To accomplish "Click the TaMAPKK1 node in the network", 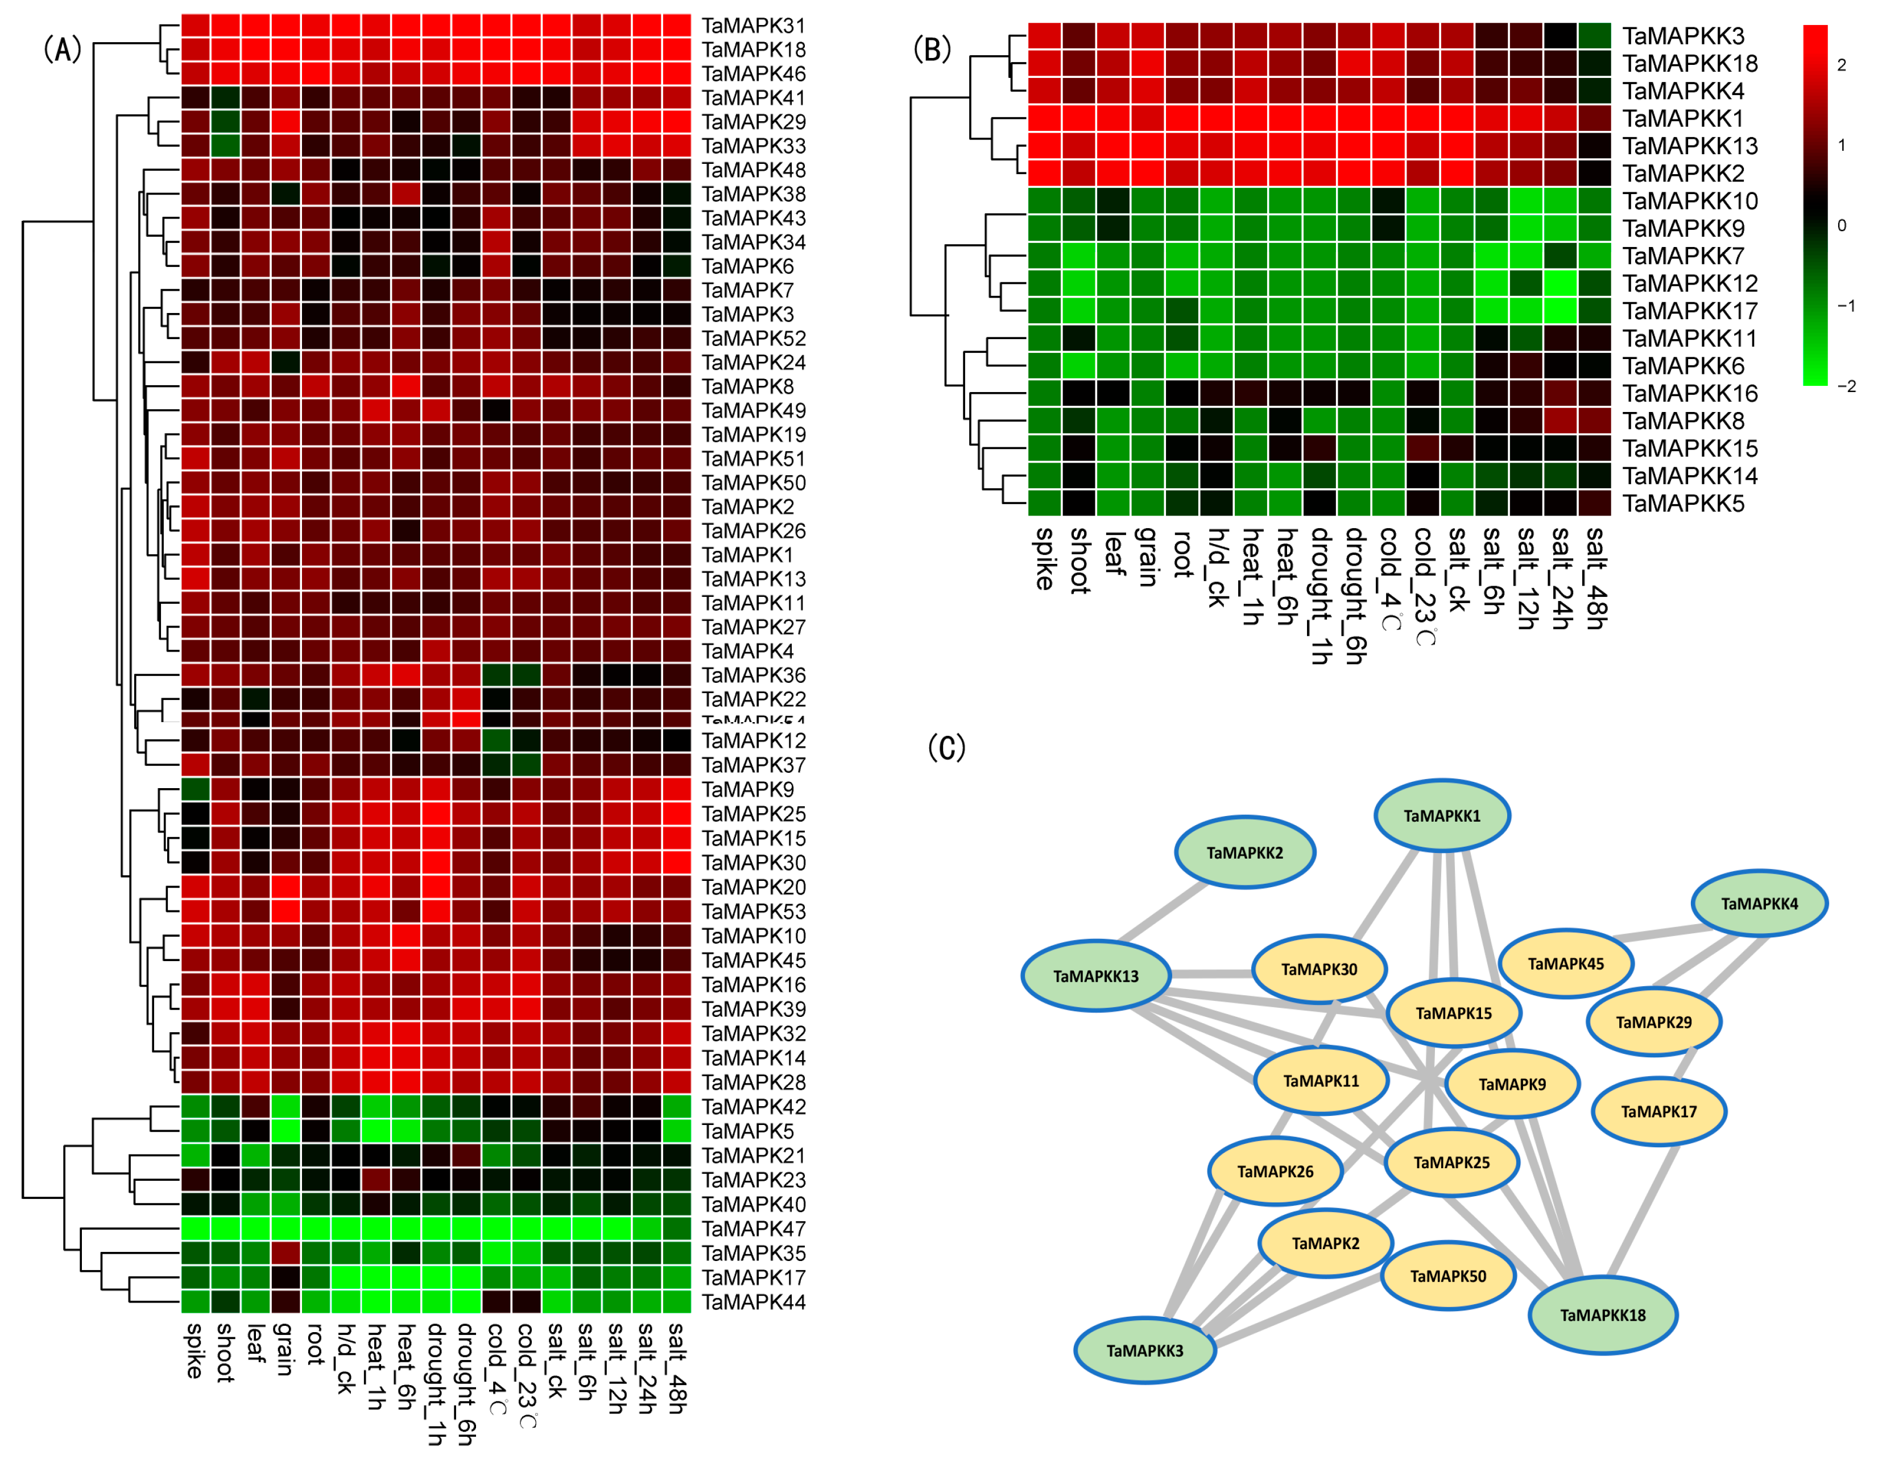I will click(1442, 815).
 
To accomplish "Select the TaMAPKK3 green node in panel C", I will click(1144, 1350).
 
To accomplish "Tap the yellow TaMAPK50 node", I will click(1447, 1276).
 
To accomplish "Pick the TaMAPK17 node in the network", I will click(1658, 1111).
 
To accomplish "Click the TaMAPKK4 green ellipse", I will click(1759, 903).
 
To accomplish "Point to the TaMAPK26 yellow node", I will click(1275, 1171).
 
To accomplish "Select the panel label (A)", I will click(62, 49).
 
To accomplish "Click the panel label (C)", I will click(946, 747).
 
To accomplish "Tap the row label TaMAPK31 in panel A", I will click(753, 26).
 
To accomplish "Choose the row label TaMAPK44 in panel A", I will click(753, 1301).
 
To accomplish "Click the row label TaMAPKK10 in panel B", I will click(1689, 201).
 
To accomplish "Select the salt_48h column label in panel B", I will click(1595, 578).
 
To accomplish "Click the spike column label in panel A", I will click(195, 1351).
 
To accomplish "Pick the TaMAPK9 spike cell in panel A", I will click(195, 789).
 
